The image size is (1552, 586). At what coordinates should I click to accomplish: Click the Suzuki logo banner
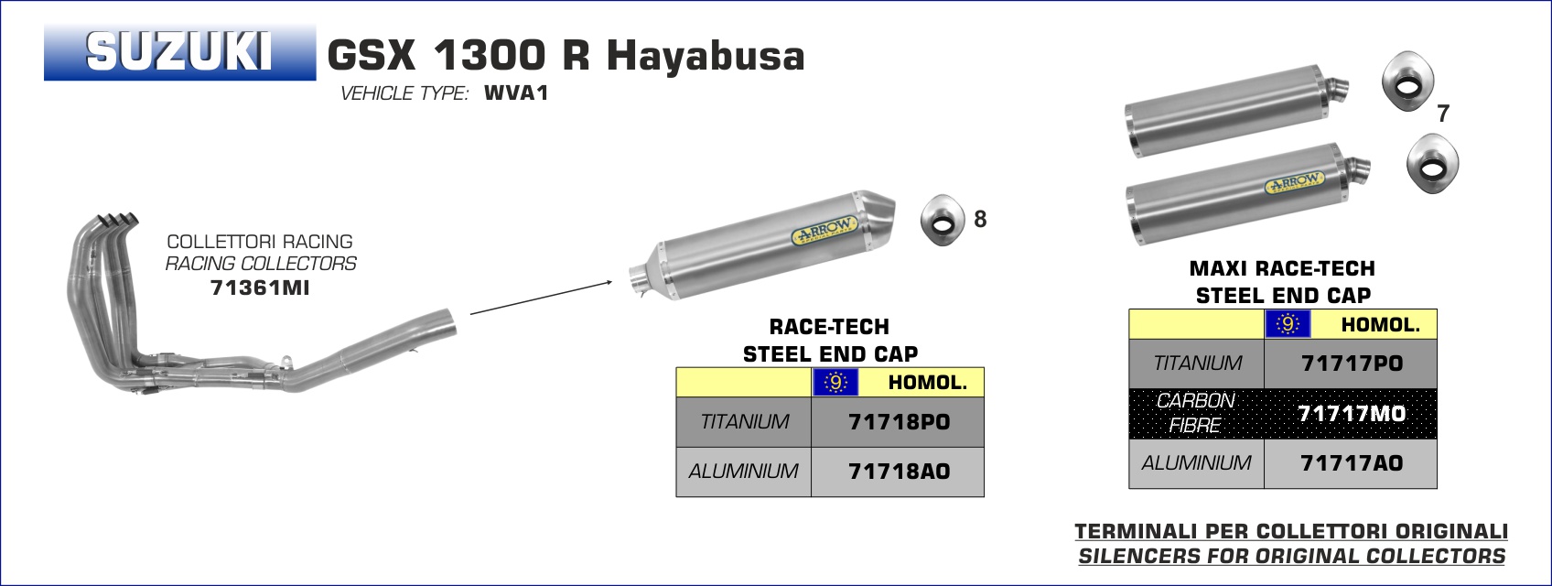180,52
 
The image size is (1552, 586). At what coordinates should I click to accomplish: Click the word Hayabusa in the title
706,56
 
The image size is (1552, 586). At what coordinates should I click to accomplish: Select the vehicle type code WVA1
516,92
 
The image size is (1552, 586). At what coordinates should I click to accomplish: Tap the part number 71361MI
260,288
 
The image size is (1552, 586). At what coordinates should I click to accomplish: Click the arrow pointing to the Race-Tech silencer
541,298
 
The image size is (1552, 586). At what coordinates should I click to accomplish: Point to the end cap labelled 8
943,220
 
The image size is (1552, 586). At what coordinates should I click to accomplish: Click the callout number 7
1443,113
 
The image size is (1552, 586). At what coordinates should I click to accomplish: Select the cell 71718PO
899,421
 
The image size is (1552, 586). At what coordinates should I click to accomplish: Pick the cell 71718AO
899,472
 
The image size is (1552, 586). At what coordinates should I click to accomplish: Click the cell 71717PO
1351,364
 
